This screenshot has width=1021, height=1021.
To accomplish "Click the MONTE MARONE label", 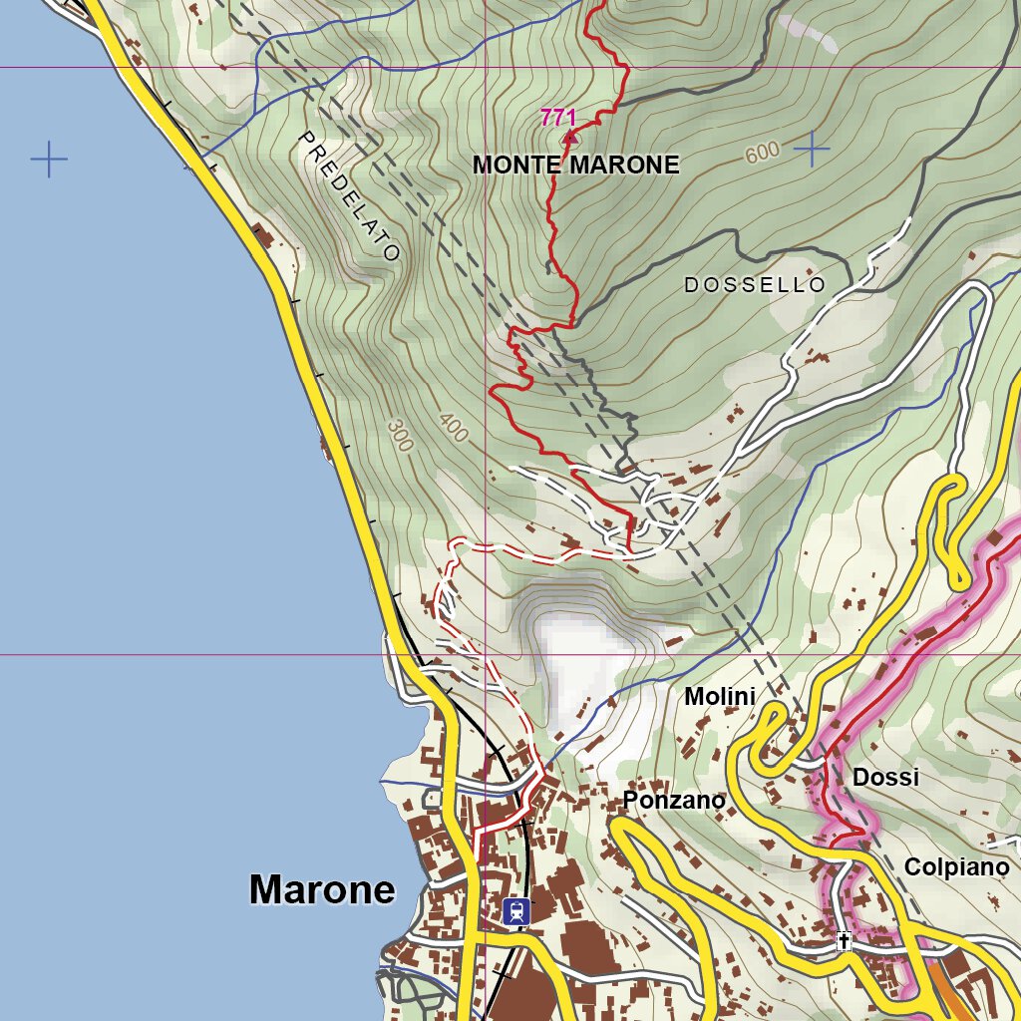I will coord(575,166).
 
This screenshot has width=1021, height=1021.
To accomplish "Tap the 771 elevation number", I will coord(558,118).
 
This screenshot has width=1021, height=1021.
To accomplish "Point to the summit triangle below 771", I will coord(569,138).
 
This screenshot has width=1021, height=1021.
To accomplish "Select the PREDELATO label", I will coord(349,196).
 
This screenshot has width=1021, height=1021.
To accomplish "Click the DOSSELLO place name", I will coord(755,285).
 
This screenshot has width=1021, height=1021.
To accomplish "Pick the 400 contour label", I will coord(453,429).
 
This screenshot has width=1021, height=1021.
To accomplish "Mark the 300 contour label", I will coord(399,436).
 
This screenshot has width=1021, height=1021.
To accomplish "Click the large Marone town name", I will coord(322,889).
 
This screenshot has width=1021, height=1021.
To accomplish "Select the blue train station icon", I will coord(515,910).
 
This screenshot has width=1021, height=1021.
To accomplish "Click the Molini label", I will coord(719,697).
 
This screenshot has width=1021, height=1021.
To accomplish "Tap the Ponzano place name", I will coord(674,800).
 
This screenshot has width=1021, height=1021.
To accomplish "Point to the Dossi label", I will coord(885,778).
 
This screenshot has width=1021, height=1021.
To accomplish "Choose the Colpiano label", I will coord(956,867).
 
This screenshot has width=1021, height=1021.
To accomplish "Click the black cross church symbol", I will coord(845,940).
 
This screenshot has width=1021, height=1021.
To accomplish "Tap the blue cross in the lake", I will coord(48,160).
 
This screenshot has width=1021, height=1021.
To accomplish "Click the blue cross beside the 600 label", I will coord(813,149).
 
